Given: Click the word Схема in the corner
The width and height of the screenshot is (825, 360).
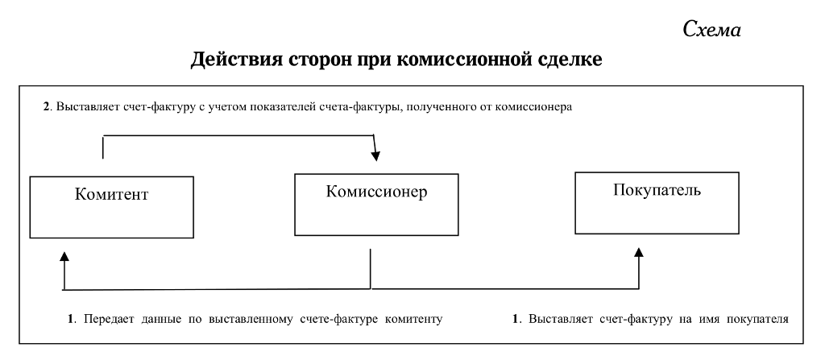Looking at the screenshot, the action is click(712, 30).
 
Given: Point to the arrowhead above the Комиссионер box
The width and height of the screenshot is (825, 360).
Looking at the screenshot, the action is click(375, 155).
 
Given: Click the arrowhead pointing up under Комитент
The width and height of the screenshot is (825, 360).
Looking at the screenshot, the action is click(64, 256).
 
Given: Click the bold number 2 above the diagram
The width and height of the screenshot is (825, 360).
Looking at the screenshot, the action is click(46, 107).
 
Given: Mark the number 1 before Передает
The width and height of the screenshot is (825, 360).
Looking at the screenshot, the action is click(71, 319).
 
